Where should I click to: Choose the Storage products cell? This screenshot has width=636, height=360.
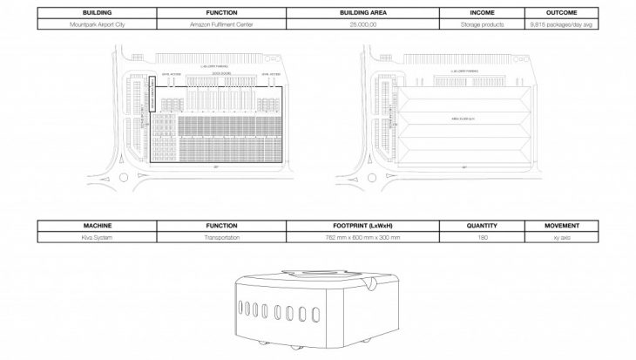[x=482, y=26]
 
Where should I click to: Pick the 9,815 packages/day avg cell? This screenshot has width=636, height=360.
[x=562, y=26]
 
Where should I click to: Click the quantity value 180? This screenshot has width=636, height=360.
[x=482, y=235]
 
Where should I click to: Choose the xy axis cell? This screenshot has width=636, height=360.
[x=562, y=235]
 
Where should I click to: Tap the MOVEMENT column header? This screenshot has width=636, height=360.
[x=562, y=224]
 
